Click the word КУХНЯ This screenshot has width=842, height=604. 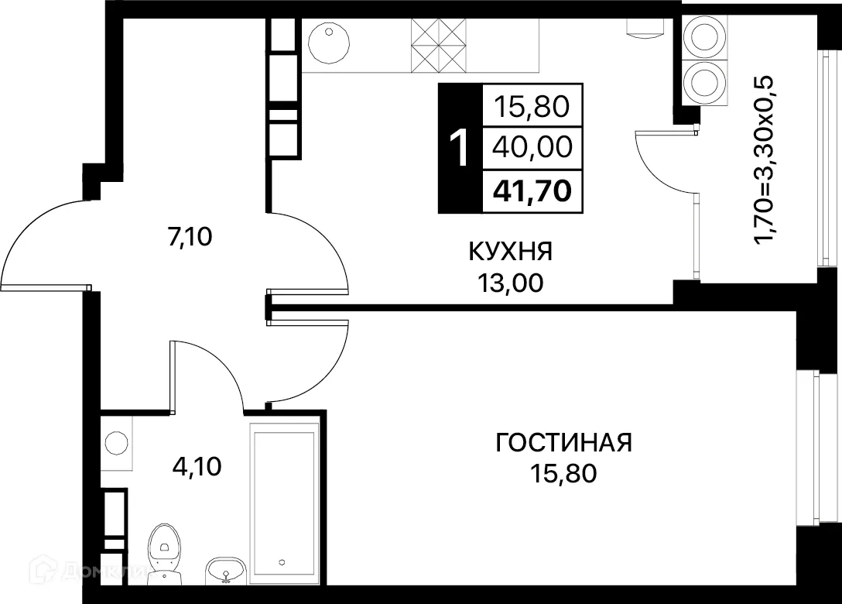(x=510, y=252)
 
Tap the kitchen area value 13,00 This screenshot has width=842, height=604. (x=510, y=283)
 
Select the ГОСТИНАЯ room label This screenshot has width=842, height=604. (x=563, y=443)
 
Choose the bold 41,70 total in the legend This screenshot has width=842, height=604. (x=532, y=190)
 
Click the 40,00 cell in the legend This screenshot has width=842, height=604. (x=532, y=147)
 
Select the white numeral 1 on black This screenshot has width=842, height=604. (x=459, y=149)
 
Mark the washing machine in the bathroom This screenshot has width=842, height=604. (x=116, y=442)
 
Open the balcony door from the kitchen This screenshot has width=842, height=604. (x=666, y=166)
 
